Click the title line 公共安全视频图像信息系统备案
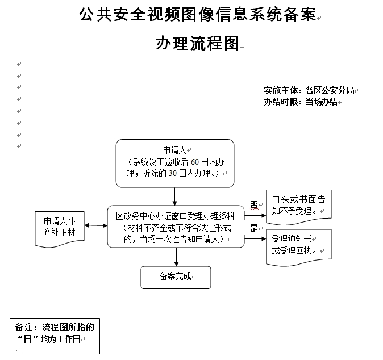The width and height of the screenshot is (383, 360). click(197, 15)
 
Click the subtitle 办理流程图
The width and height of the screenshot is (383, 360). click(197, 44)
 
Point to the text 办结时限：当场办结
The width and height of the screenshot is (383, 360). click(301, 102)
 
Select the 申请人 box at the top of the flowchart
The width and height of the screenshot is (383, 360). click(175, 163)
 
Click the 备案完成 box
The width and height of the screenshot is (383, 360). click(176, 277)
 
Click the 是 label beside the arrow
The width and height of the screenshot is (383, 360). click(254, 229)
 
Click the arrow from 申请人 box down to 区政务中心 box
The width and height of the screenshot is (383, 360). click(175, 196)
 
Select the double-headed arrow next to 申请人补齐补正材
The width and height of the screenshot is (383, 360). click(95, 226)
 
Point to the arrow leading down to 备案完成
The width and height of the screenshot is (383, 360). click(176, 256)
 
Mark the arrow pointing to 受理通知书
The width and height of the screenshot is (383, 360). click(255, 238)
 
